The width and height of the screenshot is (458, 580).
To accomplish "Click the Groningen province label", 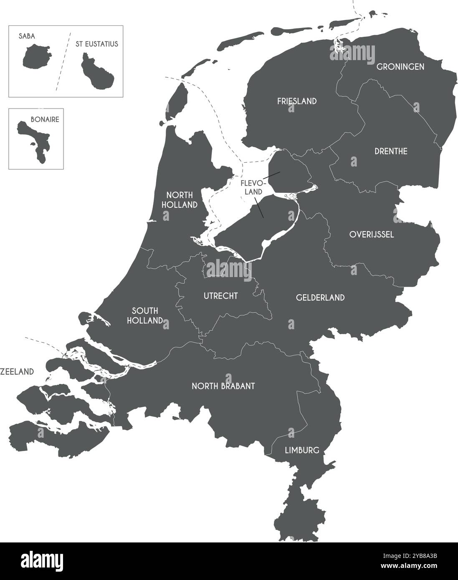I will tap(400, 67).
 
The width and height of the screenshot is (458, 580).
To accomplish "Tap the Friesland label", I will tap(297, 101).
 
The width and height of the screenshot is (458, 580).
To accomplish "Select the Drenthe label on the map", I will tap(390, 151).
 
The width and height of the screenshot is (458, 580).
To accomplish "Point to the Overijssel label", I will tap(372, 235).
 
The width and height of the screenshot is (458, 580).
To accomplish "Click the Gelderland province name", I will tap(320, 298).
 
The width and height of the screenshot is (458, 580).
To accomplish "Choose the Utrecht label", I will tap(220, 296).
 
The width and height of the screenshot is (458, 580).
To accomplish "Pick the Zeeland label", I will tap(17, 371).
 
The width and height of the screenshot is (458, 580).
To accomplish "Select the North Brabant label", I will tap(223, 386).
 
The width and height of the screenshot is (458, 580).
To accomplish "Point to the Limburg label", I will tap(302, 450).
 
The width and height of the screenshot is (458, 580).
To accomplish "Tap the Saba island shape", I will tap(36, 58).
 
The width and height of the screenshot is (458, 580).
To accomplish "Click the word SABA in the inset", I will tap(27, 36).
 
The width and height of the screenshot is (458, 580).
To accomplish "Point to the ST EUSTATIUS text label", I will tap(97, 44).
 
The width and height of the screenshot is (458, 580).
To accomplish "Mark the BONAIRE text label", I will tap(45, 119).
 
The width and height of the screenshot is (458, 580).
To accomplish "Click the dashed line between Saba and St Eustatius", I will tap(63, 61).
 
